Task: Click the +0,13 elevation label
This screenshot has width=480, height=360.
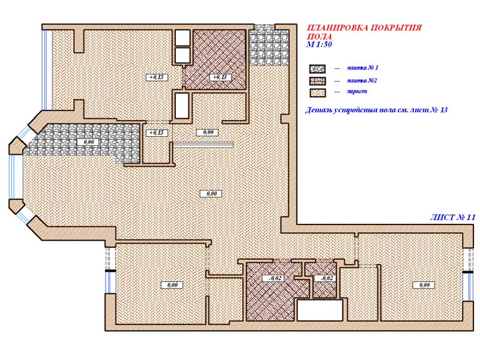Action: point(220,77)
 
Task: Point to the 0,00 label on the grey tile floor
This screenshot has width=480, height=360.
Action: point(89,142)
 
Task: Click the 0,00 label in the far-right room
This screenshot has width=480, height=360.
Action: point(424,286)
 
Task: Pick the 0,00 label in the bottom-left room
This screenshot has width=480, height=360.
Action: point(172,286)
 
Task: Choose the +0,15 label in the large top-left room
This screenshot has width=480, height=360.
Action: point(157,77)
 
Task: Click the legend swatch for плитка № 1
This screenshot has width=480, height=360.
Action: point(317,68)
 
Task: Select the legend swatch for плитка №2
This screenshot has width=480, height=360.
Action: point(317,81)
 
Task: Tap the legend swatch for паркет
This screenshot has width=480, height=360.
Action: point(317,93)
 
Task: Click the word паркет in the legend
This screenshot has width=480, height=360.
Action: point(356,91)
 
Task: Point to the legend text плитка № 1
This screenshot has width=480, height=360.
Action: point(362,68)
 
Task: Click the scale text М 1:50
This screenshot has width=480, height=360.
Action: point(319,44)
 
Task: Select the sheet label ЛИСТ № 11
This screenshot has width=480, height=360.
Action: point(452,217)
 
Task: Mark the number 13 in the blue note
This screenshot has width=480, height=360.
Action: point(443,110)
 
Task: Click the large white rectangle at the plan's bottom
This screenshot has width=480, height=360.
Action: point(320,310)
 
